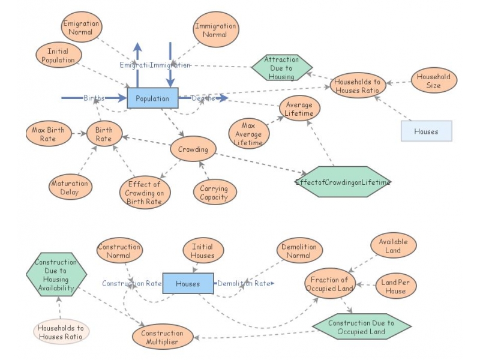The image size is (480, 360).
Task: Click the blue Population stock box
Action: click(152, 98)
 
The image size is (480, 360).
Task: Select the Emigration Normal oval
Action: click(81, 28)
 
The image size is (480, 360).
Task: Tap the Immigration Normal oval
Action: click(215, 30)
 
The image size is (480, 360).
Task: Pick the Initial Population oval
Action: click(58, 56)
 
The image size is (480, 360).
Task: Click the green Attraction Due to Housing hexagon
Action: click(281, 68)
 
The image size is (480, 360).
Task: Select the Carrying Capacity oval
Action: click(214, 193)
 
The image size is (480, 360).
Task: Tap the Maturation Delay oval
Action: click(70, 187)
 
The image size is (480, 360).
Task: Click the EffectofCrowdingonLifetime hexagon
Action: click(343, 182)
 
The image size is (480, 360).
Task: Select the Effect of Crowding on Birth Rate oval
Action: click(145, 193)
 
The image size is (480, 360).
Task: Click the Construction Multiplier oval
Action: click(162, 337)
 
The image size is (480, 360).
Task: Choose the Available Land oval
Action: click(393, 245)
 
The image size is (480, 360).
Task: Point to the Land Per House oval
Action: click(396, 287)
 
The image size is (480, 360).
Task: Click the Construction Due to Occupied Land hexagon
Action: click(361, 327)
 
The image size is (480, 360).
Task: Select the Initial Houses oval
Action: click(202, 251)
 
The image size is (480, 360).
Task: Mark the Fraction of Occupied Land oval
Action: click(329, 284)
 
